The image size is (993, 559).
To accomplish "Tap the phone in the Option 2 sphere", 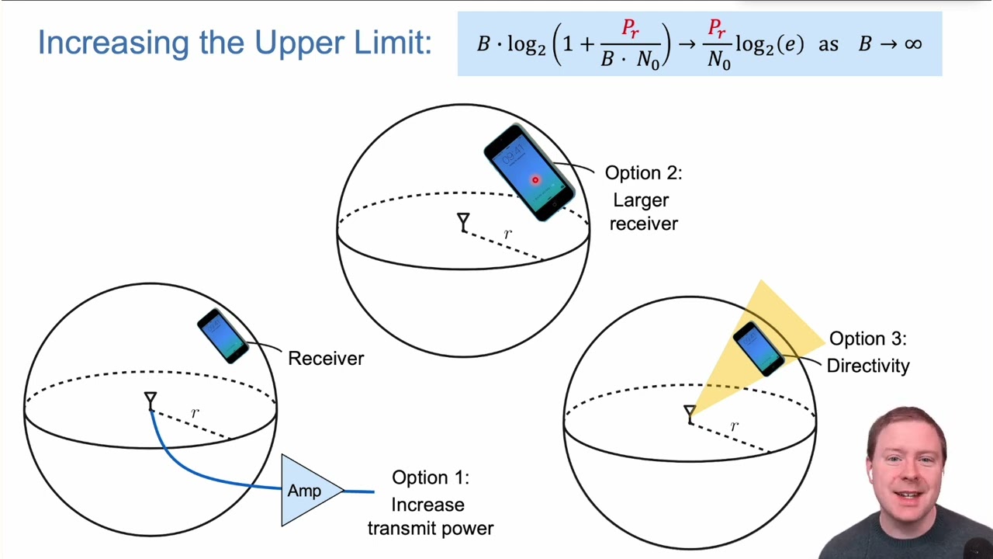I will pyautogui.click(x=530, y=173).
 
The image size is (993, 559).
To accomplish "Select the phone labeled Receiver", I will pyautogui.click(x=223, y=335).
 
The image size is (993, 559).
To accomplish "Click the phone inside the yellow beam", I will pyautogui.click(x=759, y=349).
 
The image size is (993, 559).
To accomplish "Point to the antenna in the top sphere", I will pyautogui.click(x=463, y=223).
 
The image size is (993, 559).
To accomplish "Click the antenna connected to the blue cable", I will pyautogui.click(x=151, y=401).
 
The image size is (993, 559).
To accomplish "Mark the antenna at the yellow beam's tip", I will pyautogui.click(x=690, y=413).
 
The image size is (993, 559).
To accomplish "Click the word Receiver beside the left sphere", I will pyautogui.click(x=326, y=359).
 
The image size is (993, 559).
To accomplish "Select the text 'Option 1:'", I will pyautogui.click(x=431, y=477).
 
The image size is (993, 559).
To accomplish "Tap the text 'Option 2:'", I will pyautogui.click(x=643, y=173).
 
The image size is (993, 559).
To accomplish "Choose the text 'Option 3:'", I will pyautogui.click(x=867, y=339).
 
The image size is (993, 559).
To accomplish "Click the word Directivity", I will pyautogui.click(x=868, y=366).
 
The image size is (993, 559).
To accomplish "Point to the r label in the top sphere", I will pyautogui.click(x=508, y=234).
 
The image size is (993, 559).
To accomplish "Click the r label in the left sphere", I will pyautogui.click(x=195, y=413).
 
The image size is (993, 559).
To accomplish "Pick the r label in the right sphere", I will pyautogui.click(x=734, y=426).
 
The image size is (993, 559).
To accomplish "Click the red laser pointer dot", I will pyautogui.click(x=535, y=180).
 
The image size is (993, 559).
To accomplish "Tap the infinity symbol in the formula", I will pyautogui.click(x=912, y=43).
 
